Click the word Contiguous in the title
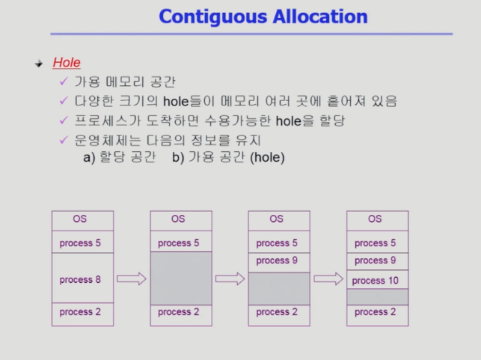point(213,17)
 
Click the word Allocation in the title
point(320,16)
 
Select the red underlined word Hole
point(67,63)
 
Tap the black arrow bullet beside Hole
point(39,64)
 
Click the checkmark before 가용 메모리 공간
point(64,82)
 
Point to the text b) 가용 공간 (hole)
point(228,157)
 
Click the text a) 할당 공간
point(120,157)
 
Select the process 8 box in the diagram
point(82,278)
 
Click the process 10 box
point(377,280)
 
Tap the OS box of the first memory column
point(82,220)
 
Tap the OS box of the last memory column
point(377,220)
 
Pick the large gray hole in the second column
point(181,278)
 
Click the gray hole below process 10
point(377,297)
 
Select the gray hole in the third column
point(279,288)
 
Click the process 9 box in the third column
point(279,263)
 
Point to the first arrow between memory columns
point(132,278)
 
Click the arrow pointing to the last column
point(328,278)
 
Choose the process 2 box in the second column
point(181,315)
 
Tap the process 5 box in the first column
point(82,242)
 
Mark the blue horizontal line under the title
point(251,34)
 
